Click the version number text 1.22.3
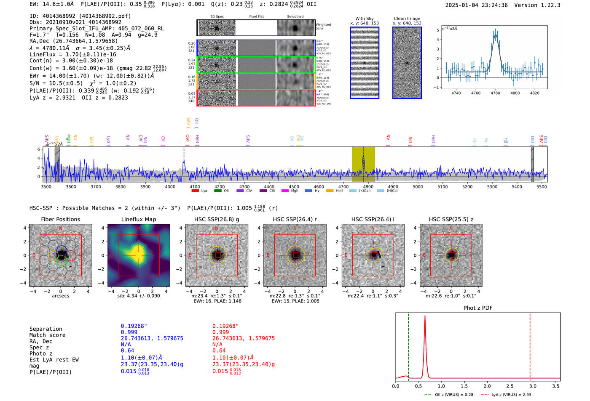(x=550, y=5)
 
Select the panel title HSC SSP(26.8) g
(x=217, y=219)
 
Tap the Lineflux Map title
(x=139, y=219)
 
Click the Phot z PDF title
(x=478, y=308)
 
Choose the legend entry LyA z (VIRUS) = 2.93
(x=511, y=395)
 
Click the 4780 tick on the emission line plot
(x=495, y=93)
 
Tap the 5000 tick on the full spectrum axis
(x=418, y=186)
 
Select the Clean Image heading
(x=407, y=19)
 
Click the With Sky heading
(x=365, y=19)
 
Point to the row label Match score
(x=47, y=335)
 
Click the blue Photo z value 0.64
(x=127, y=351)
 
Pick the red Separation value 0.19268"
(x=225, y=326)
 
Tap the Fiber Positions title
(x=60, y=219)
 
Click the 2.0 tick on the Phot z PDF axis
(x=487, y=386)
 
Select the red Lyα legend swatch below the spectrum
(x=195, y=191)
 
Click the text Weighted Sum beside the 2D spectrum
(x=323, y=26)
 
